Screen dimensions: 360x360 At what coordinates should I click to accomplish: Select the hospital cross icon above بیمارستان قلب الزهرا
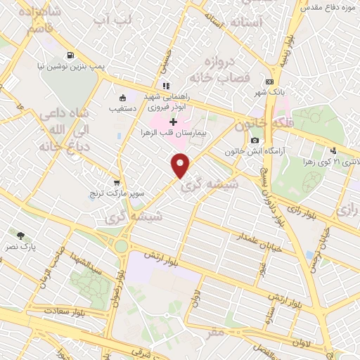coord(173,122)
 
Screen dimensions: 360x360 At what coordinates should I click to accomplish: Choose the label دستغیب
coord(124,109)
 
